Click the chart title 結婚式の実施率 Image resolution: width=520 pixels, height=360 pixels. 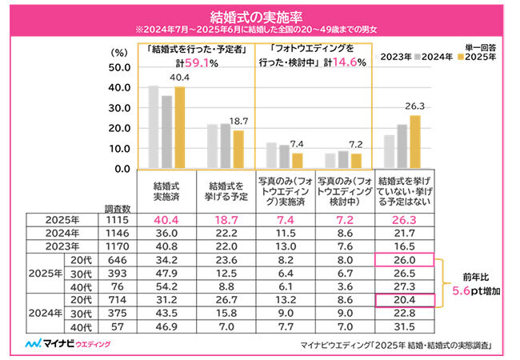(x=259, y=15)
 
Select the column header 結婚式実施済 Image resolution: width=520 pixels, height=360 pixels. (x=166, y=191)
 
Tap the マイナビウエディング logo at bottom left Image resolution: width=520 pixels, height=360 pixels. (x=69, y=344)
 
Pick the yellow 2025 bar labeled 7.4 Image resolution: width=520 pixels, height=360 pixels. (x=297, y=158)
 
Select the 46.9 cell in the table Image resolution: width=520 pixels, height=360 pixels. (x=166, y=326)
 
